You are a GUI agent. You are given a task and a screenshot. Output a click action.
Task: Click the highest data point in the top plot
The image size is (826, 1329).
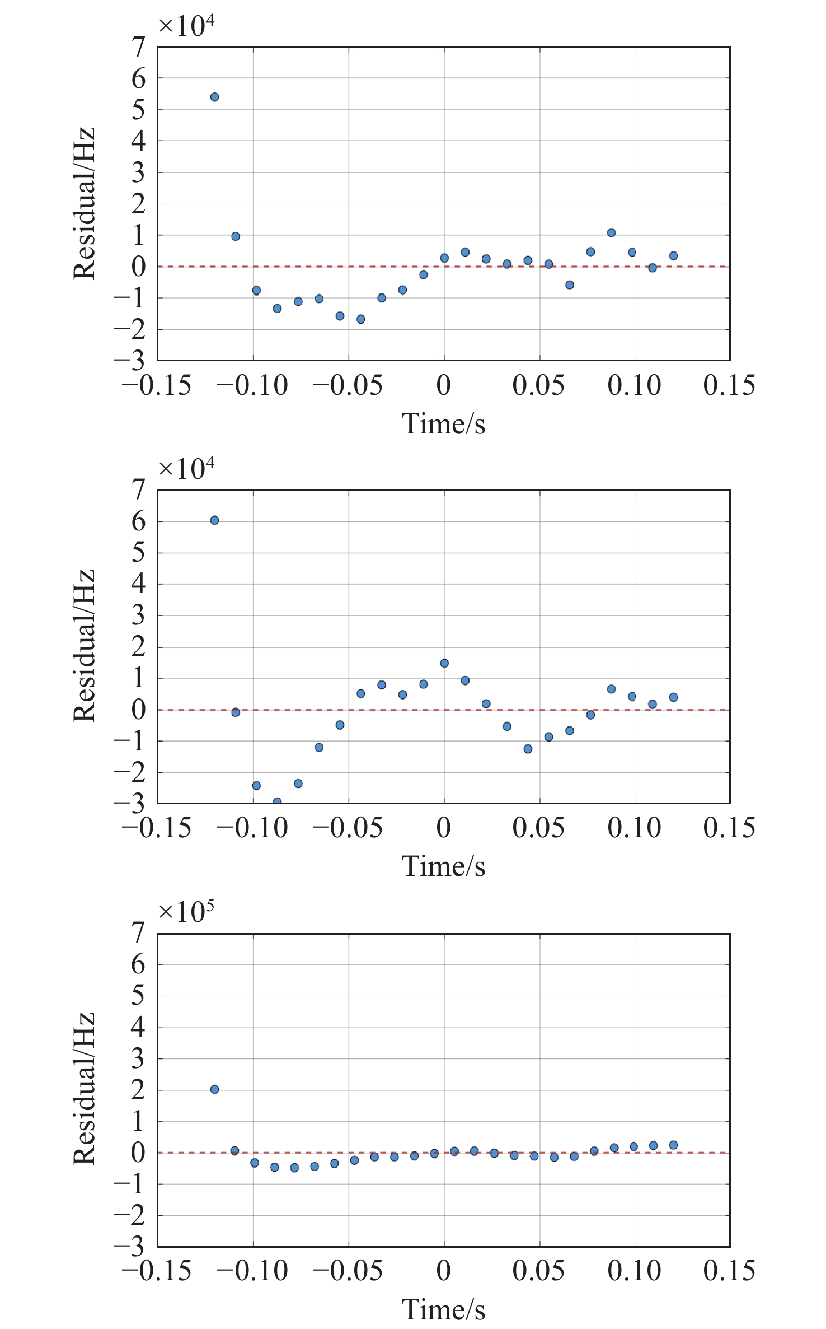coord(214,97)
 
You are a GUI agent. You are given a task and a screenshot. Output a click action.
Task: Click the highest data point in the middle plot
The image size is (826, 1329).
coord(214,520)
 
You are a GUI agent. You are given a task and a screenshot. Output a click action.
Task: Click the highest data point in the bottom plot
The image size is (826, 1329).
coord(214,1089)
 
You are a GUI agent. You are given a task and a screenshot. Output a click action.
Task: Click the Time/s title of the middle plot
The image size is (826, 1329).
coord(443,866)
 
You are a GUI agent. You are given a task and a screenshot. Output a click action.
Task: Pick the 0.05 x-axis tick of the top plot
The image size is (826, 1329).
coord(538,385)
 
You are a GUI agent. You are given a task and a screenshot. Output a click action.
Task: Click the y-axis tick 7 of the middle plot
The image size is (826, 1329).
coord(138,490)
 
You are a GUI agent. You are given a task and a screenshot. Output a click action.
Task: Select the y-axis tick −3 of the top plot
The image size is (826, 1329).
coord(130,360)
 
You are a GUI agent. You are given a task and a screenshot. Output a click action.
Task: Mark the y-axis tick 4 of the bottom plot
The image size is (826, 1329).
coord(138,1027)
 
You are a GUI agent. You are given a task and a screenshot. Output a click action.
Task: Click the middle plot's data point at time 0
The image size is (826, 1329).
coord(444,663)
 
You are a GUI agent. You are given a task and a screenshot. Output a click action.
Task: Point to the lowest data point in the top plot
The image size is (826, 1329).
coord(361,319)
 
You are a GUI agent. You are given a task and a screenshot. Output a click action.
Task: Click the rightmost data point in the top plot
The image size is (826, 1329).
coord(673,256)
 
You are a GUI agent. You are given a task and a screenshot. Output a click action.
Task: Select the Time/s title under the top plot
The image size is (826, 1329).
coord(443,424)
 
